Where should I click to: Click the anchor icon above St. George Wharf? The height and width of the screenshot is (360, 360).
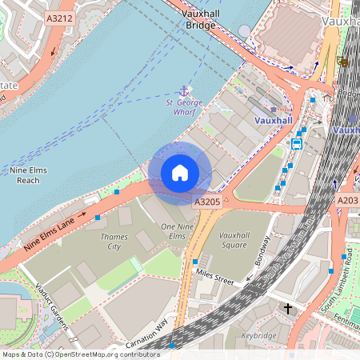click(x=184, y=90)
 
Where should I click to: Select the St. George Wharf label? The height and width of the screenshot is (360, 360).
click(x=185, y=107)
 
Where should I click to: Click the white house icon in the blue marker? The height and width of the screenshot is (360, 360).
click(x=180, y=172)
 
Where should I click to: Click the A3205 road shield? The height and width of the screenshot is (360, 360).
click(x=206, y=202)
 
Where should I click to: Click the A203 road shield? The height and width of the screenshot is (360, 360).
click(x=348, y=200)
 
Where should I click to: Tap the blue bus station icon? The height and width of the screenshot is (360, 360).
click(x=296, y=144)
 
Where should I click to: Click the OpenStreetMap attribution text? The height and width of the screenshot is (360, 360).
click(x=80, y=354)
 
